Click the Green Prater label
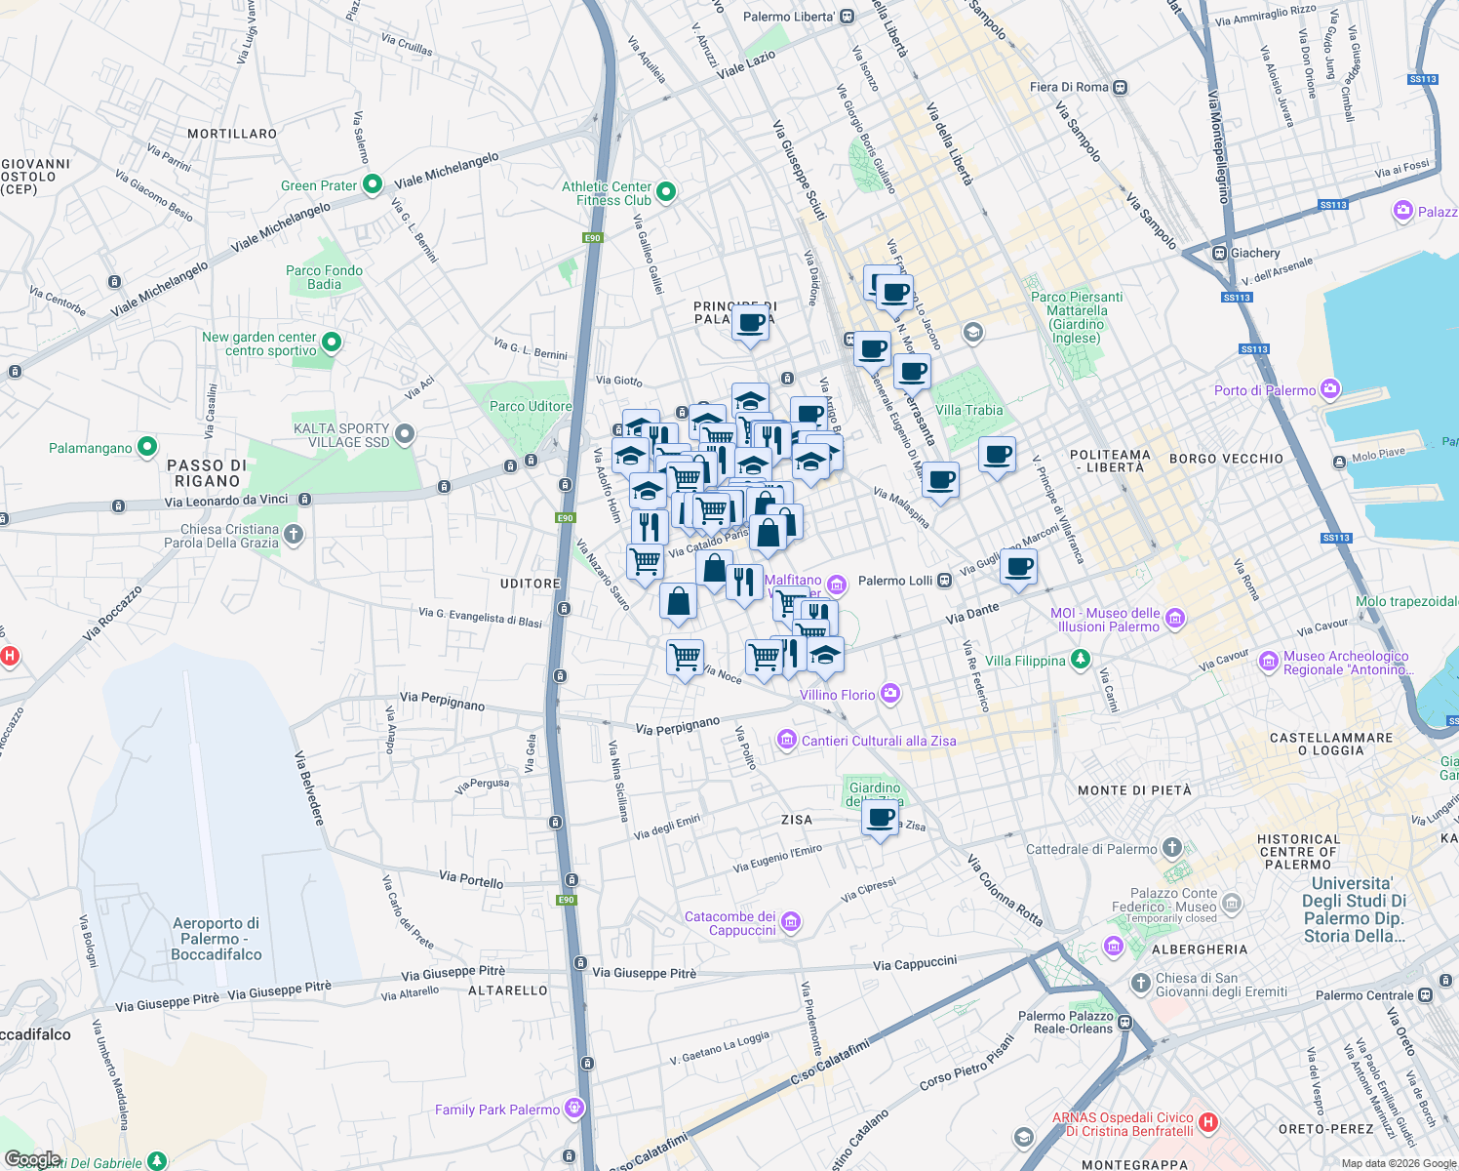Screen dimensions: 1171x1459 319,185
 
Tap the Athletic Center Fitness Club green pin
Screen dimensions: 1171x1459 666,192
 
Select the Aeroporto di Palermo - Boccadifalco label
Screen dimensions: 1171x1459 216,939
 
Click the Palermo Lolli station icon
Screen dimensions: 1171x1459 944,581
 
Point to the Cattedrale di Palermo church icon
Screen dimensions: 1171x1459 1172,848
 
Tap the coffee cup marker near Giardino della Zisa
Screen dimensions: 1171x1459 881,818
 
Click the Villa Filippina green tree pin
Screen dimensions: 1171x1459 1080,660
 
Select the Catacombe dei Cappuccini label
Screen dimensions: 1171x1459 730,923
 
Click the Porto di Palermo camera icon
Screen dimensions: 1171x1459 1330,389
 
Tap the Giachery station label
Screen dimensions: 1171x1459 1255,253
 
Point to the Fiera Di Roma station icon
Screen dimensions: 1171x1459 1121,87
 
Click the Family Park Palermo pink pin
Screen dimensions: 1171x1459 574,1108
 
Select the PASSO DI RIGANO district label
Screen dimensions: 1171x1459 207,473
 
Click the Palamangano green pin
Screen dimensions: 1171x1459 147,447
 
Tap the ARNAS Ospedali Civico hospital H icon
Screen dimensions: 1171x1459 1208,1122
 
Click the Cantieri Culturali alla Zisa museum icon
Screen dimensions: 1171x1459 787,741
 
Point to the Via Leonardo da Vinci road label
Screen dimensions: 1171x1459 226,501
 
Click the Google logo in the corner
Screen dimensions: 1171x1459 32,1159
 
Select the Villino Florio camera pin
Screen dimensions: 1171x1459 889,694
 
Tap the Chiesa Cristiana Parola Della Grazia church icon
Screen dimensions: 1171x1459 294,535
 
